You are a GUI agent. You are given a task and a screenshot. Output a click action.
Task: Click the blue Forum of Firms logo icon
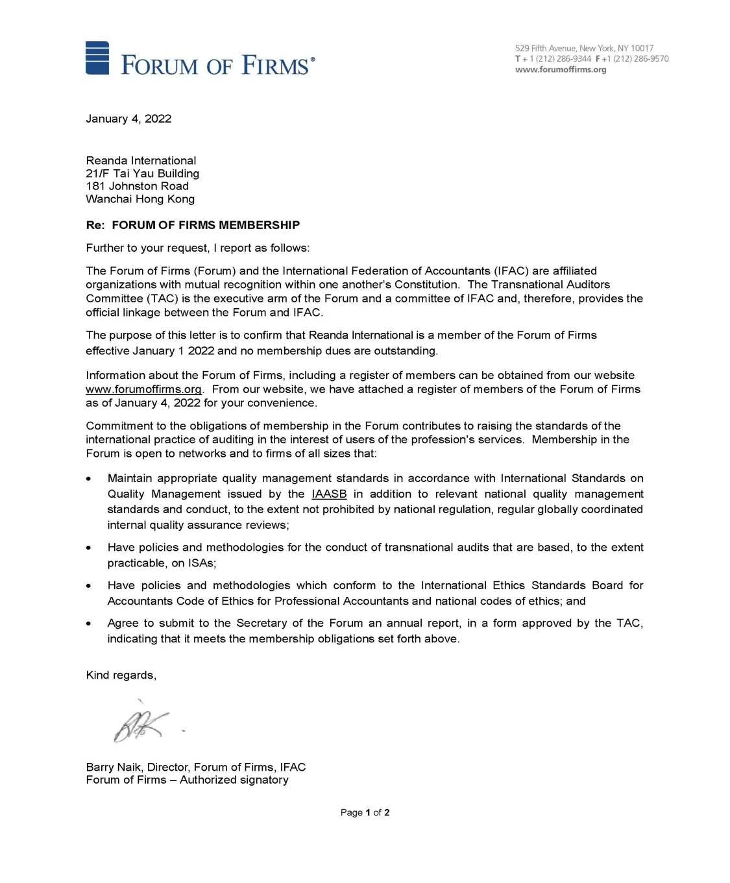(97, 58)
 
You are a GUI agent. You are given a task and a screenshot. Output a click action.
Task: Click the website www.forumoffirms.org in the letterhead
(560, 69)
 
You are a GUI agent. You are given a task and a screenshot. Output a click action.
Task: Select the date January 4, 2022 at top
(128, 119)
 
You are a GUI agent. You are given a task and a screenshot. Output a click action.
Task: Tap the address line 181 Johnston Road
(137, 186)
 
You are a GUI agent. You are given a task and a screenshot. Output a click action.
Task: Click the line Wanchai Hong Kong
(140, 199)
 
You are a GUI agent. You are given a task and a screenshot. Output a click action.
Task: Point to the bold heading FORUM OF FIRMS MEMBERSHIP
(206, 225)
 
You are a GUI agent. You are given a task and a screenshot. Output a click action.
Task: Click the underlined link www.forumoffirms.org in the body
(143, 389)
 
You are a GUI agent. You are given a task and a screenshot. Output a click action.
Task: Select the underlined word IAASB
(329, 494)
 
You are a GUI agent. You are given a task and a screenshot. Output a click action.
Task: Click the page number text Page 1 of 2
(365, 812)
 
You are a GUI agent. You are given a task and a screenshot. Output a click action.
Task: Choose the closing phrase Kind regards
(121, 675)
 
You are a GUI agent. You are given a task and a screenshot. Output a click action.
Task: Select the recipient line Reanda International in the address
(141, 161)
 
